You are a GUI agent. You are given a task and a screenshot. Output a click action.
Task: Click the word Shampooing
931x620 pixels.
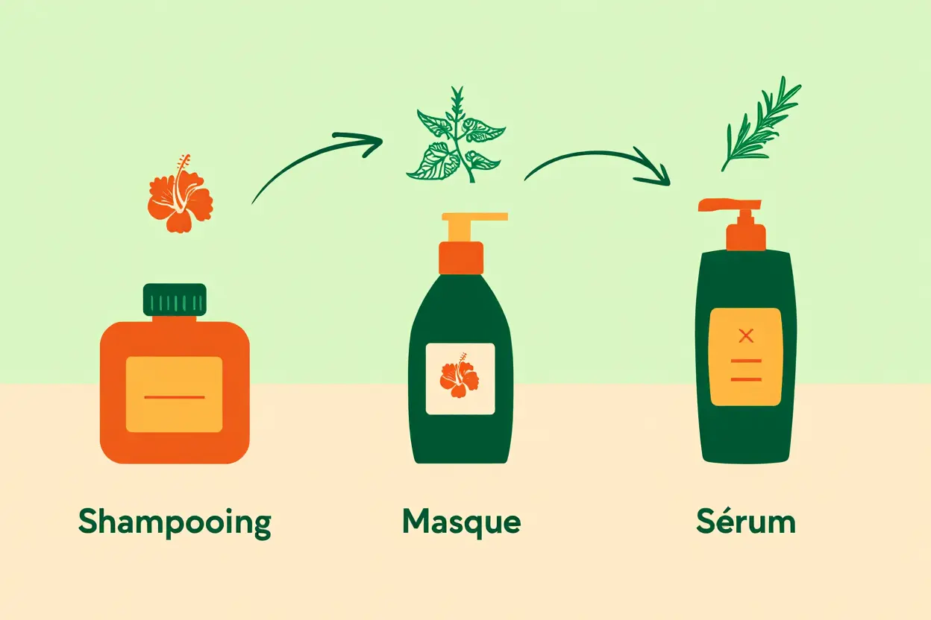point(175,523)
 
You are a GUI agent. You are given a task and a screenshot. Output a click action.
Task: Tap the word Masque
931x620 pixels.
point(461,522)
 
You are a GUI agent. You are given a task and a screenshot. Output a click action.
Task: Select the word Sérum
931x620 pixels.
point(746,522)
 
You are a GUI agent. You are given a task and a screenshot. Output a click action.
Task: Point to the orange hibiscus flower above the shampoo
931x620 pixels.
point(180,195)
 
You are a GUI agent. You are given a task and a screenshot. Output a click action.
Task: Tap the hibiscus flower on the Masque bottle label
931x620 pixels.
point(459,379)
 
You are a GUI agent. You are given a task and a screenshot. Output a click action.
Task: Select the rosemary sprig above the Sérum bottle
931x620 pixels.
point(759,123)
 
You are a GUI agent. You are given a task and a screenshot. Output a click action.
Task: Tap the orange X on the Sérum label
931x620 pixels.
point(745,335)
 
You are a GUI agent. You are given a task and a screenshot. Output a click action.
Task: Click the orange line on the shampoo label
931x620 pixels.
point(174,397)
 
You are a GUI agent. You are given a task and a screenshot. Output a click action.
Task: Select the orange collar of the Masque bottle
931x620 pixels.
point(460,257)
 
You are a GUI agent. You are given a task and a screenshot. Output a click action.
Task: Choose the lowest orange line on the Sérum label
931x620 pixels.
point(745,379)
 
